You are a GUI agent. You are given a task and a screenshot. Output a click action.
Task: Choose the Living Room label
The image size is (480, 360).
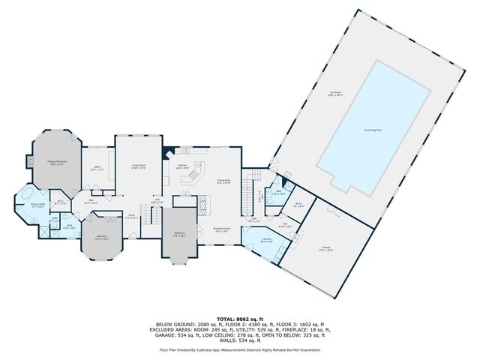[138, 168]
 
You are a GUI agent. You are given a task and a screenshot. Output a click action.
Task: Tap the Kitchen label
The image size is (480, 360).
[182, 166]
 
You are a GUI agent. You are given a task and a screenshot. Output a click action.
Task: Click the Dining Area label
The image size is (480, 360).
[223, 181]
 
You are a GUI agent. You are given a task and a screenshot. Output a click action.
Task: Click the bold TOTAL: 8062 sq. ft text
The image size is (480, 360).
[239, 319]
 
